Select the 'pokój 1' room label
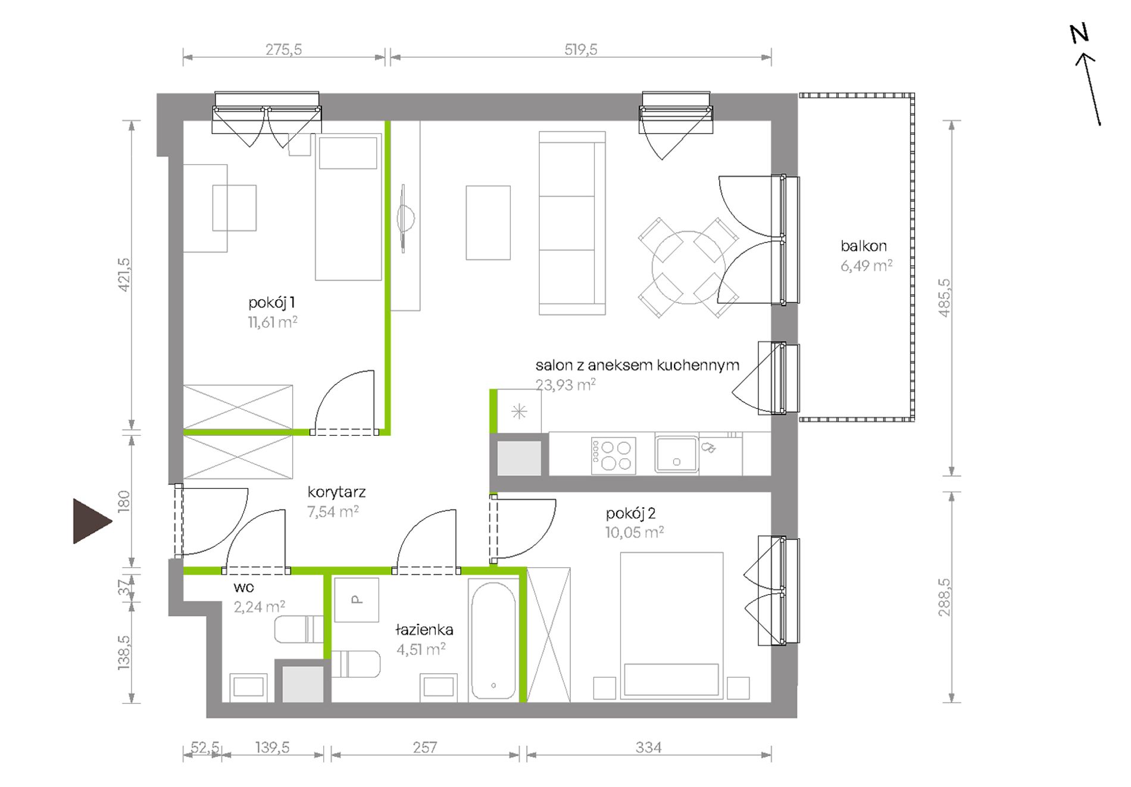(271, 302)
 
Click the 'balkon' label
(863, 246)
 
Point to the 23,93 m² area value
(565, 385)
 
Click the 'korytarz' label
(336, 492)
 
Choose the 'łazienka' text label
(424, 629)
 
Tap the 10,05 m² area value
(635, 532)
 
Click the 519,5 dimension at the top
(580, 49)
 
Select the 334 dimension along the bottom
(648, 747)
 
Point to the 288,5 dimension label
(944, 597)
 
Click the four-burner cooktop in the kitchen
(613, 455)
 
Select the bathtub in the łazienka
(493, 638)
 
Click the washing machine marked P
(356, 599)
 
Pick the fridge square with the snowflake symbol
(519, 411)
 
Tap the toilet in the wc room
(299, 630)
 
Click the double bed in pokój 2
(671, 625)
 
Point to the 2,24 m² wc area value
(259, 607)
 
